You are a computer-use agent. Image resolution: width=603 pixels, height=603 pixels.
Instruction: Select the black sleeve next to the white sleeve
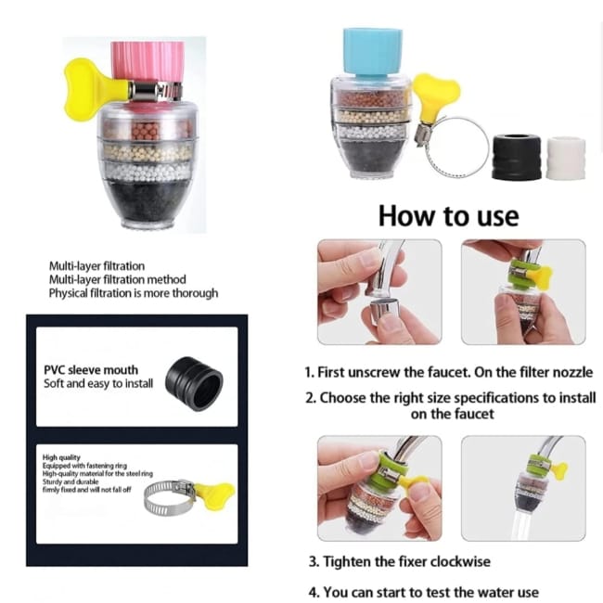tap(516, 157)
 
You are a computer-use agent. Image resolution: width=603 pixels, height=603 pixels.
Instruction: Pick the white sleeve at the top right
tap(566, 158)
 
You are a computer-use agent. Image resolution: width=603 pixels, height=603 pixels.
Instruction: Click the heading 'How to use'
tap(448, 216)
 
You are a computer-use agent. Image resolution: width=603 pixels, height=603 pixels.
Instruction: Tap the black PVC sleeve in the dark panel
tap(194, 383)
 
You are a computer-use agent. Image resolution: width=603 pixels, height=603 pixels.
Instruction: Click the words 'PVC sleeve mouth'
tap(91, 370)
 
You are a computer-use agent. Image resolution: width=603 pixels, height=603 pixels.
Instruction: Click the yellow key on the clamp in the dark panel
tap(214, 495)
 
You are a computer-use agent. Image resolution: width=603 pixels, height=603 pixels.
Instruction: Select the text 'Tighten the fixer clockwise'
tap(406, 562)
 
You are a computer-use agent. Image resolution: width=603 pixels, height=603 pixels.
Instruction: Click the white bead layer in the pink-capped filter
tap(148, 172)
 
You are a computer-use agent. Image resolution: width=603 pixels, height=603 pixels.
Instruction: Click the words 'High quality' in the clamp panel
tap(61, 457)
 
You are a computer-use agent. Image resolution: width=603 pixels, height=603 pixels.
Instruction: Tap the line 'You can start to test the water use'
tap(430, 592)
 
